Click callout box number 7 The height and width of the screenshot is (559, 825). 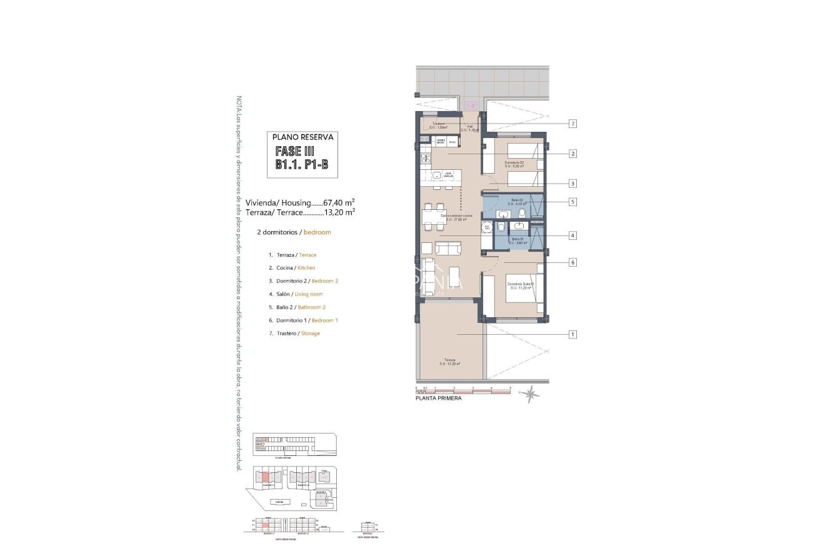(x=572, y=124)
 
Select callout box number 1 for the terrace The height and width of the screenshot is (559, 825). (x=572, y=334)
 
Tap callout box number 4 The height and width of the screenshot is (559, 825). (x=572, y=235)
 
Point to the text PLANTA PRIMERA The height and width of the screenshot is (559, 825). (x=438, y=398)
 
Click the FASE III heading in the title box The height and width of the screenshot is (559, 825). (x=296, y=151)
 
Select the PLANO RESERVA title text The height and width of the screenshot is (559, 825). (x=302, y=136)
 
